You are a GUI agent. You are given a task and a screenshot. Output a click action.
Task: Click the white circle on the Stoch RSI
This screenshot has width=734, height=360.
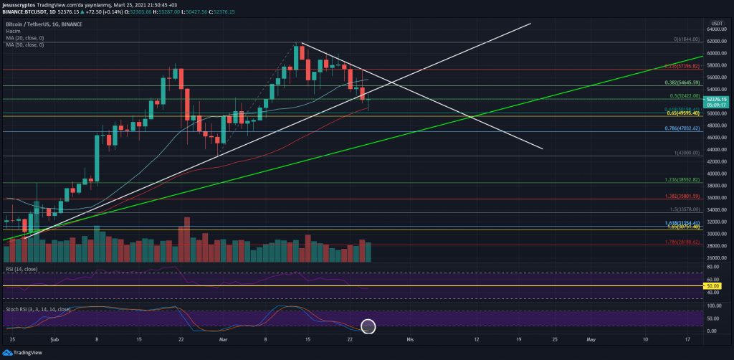click(x=368, y=327)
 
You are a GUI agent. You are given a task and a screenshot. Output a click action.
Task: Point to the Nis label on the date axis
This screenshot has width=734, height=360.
click(x=410, y=338)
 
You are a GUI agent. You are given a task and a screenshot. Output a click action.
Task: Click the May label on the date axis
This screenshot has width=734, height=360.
click(x=590, y=338)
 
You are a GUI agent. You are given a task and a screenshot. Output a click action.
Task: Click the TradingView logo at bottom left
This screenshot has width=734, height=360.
click(x=22, y=352)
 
